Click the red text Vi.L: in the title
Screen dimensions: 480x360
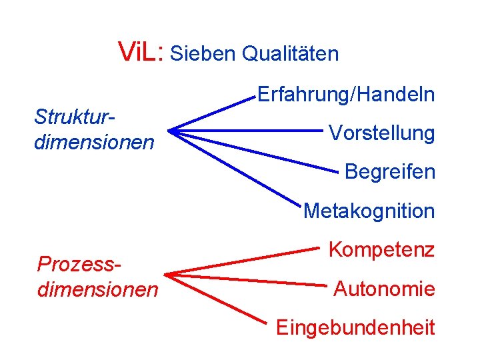[140, 51]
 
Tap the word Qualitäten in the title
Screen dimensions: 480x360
[290, 53]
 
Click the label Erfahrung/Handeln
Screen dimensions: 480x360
[345, 95]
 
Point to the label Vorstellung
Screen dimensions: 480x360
[381, 133]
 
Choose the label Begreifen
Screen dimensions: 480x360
[389, 171]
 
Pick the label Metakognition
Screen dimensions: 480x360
[369, 211]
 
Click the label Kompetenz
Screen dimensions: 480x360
[381, 250]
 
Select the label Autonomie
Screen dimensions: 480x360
[384, 289]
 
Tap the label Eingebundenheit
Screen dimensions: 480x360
[355, 327]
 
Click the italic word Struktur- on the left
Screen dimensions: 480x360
[75, 117]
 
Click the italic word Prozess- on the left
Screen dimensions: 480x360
[79, 264]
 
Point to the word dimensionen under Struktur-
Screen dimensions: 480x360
[94, 142]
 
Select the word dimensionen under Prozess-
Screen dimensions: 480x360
[98, 289]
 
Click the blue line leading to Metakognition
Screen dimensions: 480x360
[233, 167]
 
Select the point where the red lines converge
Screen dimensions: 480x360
[167, 274]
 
